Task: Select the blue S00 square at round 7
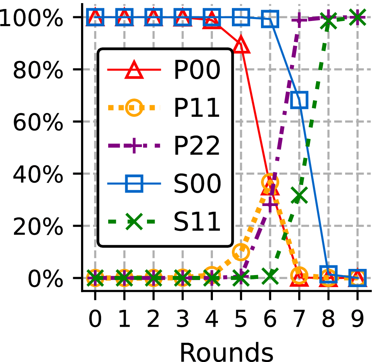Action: pos(299,100)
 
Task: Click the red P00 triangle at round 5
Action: pos(241,45)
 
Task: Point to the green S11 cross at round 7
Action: pos(299,195)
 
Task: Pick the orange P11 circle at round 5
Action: pos(241,252)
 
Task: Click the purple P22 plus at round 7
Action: pos(299,19)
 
